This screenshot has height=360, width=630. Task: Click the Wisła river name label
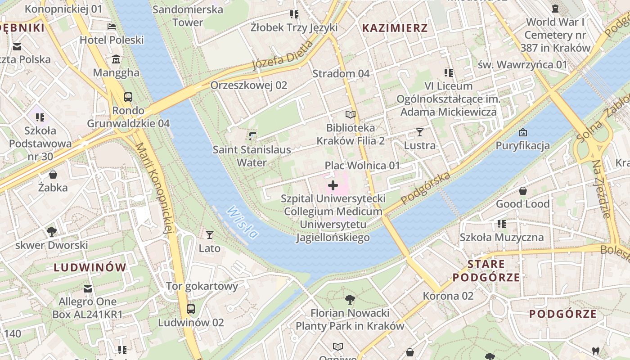[243, 222]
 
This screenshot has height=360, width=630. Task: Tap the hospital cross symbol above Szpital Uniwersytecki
[333, 185]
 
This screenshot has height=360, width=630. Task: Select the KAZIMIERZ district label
[395, 28]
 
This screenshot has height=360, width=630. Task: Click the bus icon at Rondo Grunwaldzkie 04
[128, 97]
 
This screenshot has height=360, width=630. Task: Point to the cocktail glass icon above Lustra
[420, 132]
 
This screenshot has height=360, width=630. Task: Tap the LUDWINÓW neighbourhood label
[90, 267]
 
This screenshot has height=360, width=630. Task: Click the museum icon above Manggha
[117, 59]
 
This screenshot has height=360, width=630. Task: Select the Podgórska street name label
[426, 188]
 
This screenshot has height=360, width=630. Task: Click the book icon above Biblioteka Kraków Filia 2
[351, 115]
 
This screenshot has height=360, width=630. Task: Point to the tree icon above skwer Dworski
[52, 232]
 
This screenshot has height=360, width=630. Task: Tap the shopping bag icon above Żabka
[53, 175]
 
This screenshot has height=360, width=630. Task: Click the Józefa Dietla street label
[283, 55]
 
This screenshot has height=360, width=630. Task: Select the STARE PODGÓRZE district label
[486, 270]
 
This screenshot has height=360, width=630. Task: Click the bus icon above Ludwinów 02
[191, 309]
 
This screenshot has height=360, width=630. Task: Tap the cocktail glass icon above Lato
[209, 234]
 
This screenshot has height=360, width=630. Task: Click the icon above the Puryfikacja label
[522, 132]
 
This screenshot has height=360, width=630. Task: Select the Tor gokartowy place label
[202, 286]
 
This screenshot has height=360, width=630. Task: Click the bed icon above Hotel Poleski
[112, 27]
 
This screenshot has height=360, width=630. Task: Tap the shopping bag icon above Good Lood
[522, 191]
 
